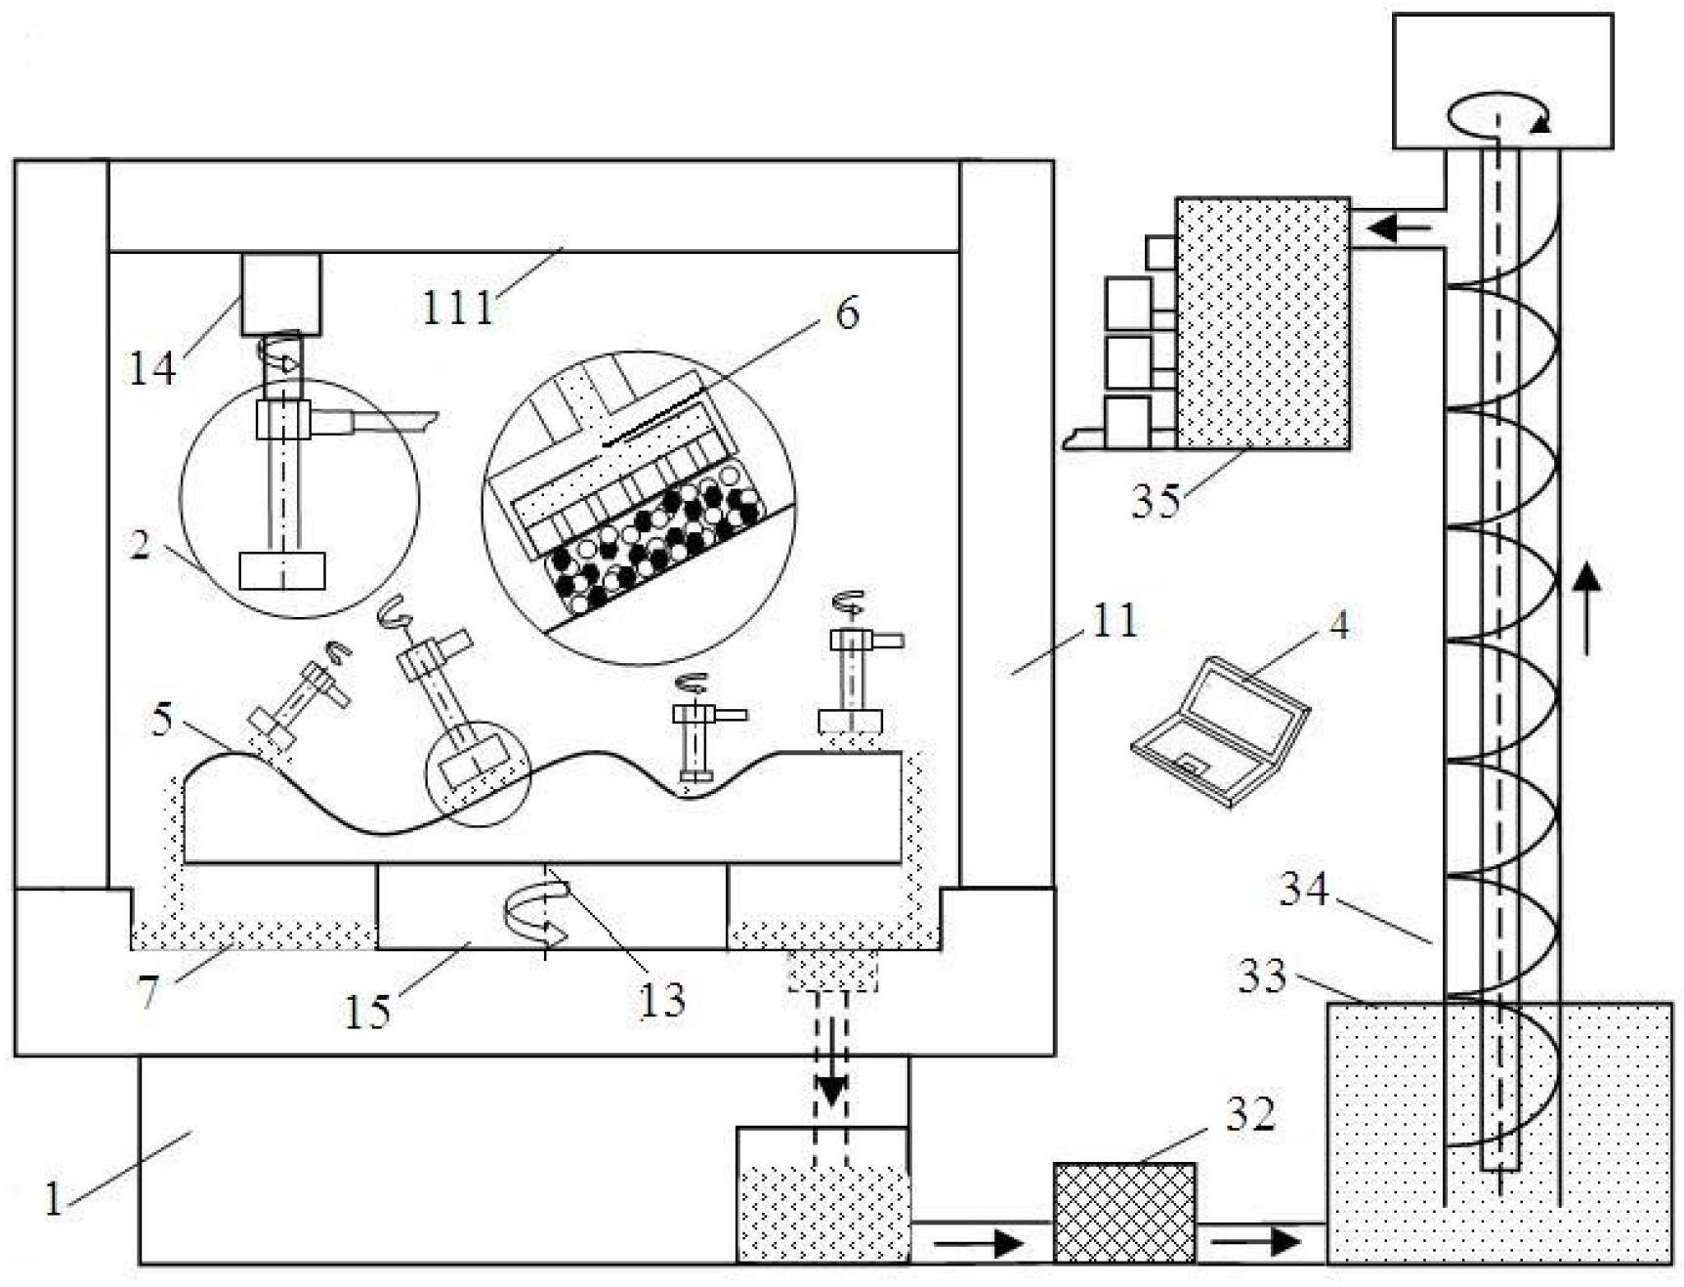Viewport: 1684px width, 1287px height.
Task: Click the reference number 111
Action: (457, 308)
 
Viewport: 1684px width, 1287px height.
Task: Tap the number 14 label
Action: (152, 369)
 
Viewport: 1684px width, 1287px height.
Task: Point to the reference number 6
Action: (847, 312)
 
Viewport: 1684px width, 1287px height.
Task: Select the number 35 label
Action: (1156, 500)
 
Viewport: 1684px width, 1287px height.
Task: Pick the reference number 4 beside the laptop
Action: (1339, 625)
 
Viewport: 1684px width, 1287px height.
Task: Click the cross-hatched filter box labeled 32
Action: (1124, 1213)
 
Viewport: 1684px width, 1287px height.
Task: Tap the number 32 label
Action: (1250, 1114)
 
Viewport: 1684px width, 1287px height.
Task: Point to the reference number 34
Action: (1304, 890)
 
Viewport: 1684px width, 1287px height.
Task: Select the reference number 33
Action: (1262, 976)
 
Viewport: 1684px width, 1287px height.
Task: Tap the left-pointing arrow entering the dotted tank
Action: (1399, 229)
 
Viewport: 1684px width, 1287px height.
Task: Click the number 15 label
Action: (367, 1012)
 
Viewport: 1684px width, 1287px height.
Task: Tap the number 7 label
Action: (147, 993)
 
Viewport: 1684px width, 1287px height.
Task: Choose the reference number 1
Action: (54, 1198)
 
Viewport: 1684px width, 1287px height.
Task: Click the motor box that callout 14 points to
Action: (281, 294)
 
